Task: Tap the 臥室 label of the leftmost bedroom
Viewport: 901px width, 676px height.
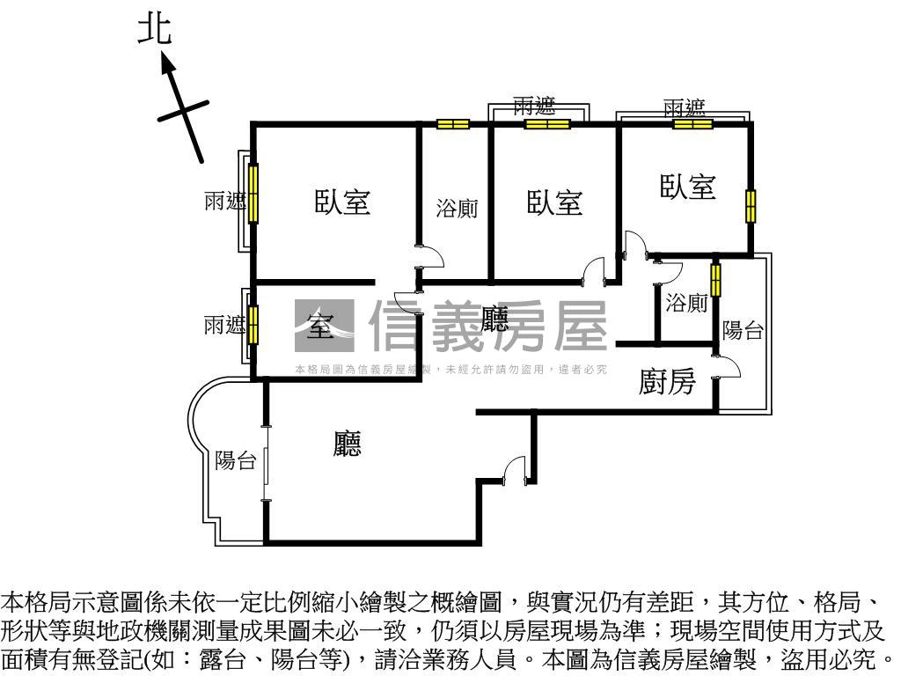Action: (x=342, y=202)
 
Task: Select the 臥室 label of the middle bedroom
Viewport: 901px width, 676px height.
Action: (x=554, y=202)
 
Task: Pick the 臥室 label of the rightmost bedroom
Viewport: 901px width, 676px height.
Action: (x=688, y=187)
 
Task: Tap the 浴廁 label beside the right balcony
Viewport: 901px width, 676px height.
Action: (x=686, y=304)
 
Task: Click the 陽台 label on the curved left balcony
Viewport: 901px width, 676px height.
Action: (x=235, y=460)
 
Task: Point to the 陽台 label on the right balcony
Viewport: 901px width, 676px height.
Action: (x=743, y=330)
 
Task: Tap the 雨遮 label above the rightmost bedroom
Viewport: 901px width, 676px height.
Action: (x=685, y=108)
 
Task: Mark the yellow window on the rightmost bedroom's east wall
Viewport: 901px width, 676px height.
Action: (x=751, y=206)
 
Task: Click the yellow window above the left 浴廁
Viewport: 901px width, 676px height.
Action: (x=453, y=124)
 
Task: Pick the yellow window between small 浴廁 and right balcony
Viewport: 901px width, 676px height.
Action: (x=716, y=280)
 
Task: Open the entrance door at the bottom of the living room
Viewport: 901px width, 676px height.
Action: (x=514, y=470)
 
